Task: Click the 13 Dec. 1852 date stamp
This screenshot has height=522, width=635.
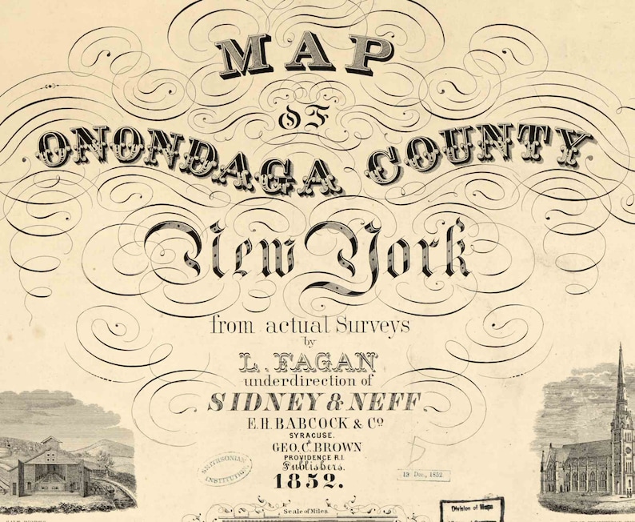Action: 423,474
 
